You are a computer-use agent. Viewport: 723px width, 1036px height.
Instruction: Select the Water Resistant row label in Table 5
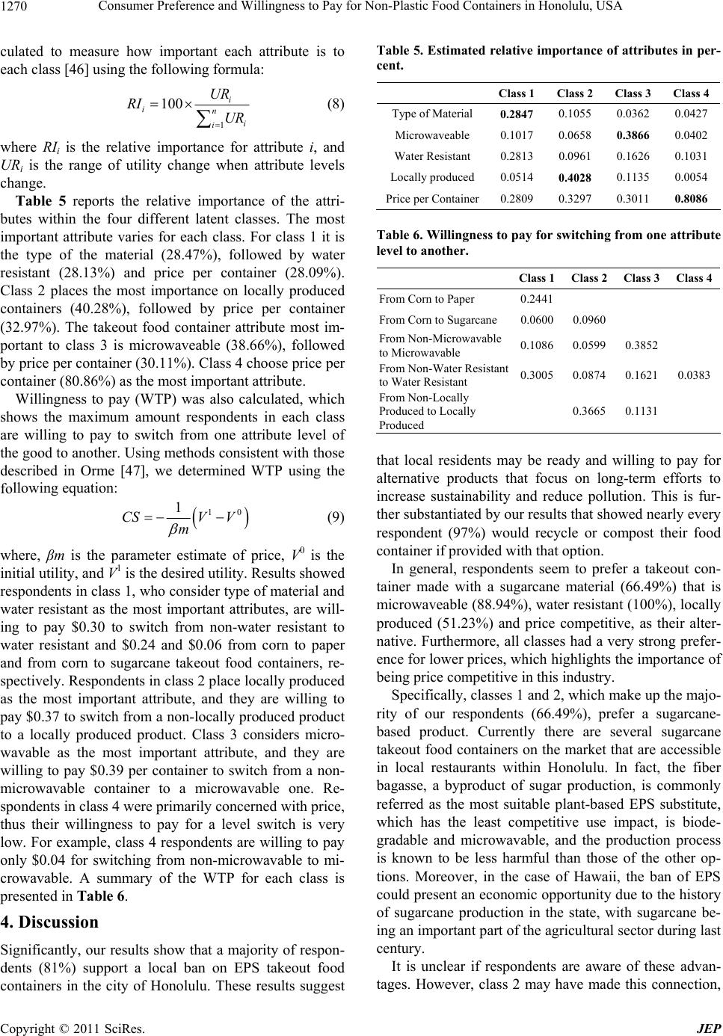pos(433,157)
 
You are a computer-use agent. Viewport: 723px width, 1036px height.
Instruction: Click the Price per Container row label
pos(432,200)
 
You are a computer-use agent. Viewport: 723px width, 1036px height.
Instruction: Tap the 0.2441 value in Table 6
pos(535,300)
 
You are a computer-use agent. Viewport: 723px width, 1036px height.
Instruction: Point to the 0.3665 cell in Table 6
pos(588,410)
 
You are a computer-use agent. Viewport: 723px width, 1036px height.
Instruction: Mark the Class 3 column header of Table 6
pos(641,279)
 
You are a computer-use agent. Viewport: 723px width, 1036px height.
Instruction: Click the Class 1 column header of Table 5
pos(516,93)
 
